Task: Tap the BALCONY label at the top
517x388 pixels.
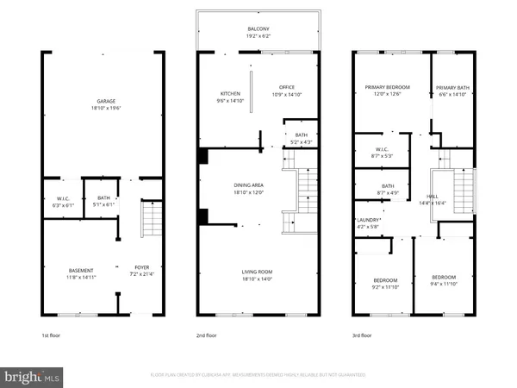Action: pyautogui.click(x=259, y=28)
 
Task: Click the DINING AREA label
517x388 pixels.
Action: pyautogui.click(x=260, y=186)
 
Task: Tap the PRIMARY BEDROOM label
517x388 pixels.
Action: pyautogui.click(x=386, y=87)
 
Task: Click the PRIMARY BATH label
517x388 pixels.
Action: pyautogui.click(x=452, y=87)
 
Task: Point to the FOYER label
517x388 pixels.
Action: pyautogui.click(x=142, y=267)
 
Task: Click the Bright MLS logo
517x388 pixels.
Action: pyautogui.click(x=32, y=377)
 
